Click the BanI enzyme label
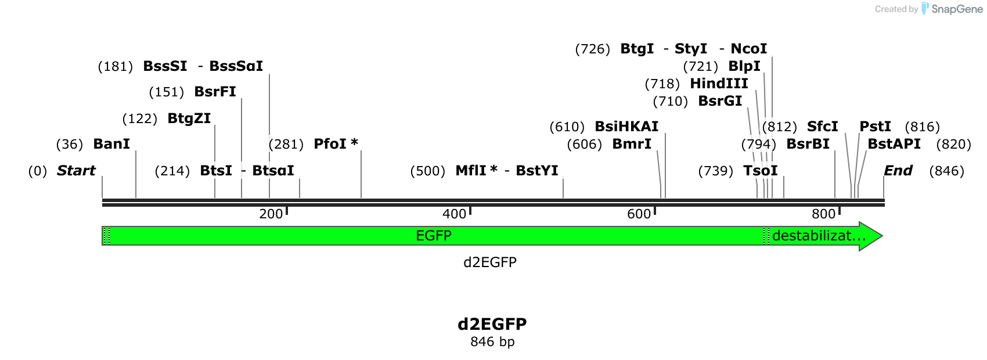coord(111,144)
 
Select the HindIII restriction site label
coord(719,83)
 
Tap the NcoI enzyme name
coord(748,48)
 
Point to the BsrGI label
coord(720,101)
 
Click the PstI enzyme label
coord(875,127)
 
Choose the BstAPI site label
coord(894,144)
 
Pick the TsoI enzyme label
coord(760,171)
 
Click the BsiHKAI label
coord(626,127)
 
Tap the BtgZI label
coord(189,118)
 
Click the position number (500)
coord(427,171)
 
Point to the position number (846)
coord(946,171)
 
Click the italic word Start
coord(76,171)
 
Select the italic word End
coord(898,171)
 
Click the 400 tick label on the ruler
coord(454,214)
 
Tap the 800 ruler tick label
coord(823,214)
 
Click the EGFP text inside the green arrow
coord(434,236)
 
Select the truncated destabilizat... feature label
coord(819,236)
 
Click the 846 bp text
coord(492,341)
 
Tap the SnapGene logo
coord(952,9)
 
